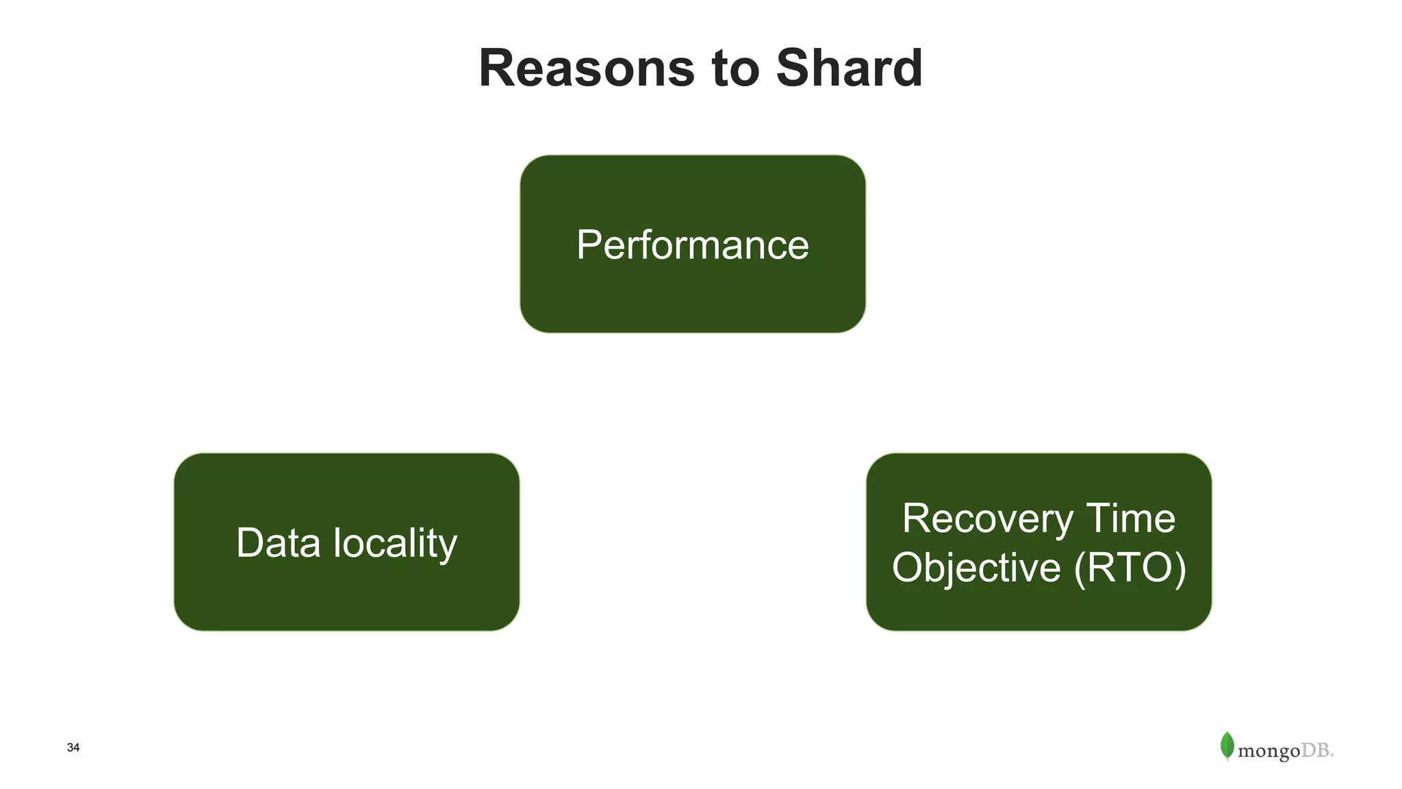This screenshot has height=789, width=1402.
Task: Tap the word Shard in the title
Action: pyautogui.click(x=849, y=68)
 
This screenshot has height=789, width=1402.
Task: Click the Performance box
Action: pyautogui.click(x=692, y=245)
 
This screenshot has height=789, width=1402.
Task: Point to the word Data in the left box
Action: pyautogui.click(x=278, y=542)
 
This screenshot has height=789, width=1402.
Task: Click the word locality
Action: pyautogui.click(x=395, y=544)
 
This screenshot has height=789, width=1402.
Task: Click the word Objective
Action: pyautogui.click(x=976, y=568)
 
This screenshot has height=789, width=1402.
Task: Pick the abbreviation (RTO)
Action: pyautogui.click(x=1130, y=568)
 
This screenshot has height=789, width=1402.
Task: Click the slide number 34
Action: pyautogui.click(x=73, y=747)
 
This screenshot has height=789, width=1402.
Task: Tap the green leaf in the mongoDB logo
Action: pyautogui.click(x=1227, y=745)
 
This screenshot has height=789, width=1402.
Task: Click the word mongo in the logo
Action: pyautogui.click(x=1269, y=751)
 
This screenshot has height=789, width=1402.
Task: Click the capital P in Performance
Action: pyautogui.click(x=589, y=245)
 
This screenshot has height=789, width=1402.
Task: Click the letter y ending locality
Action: pyautogui.click(x=448, y=547)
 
